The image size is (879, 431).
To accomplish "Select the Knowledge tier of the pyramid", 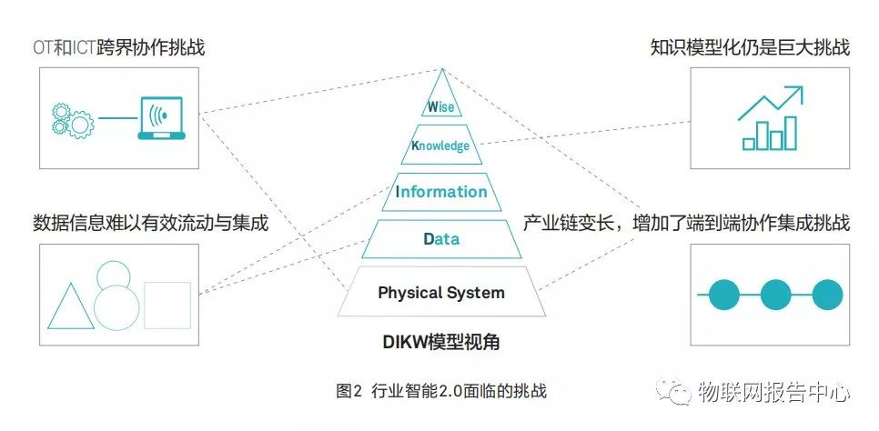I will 440,145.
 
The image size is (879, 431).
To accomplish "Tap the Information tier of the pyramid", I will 441,192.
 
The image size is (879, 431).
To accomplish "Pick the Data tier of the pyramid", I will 441,239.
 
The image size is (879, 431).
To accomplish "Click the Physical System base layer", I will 440,293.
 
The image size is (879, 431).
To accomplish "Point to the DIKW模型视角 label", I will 440,343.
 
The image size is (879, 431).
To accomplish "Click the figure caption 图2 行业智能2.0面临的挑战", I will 440,392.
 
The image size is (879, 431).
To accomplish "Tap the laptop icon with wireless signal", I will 159,118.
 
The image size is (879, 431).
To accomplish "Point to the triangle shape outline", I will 71,306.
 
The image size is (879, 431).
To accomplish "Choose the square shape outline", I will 167,305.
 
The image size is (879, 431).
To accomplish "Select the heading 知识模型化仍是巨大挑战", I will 763,47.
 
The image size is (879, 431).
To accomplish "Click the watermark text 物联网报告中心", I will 773,394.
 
